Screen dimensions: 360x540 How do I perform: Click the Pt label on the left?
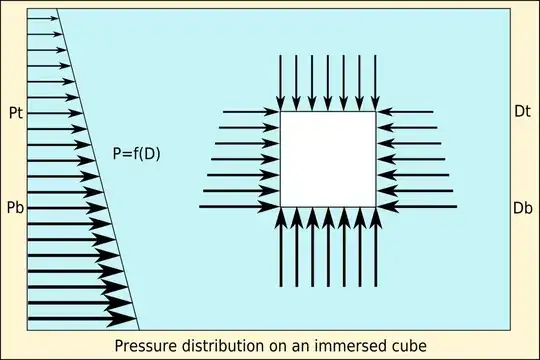pyautogui.click(x=14, y=116)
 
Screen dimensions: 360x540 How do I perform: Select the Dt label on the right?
pyautogui.click(x=521, y=116)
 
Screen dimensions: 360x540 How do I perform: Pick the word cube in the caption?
pyautogui.click(x=410, y=345)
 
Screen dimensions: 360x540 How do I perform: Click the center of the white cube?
pyautogui.click(x=328, y=159)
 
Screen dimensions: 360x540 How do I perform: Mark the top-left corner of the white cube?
pyautogui.click(x=280, y=111)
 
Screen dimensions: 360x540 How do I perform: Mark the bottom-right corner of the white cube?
pyautogui.click(x=376, y=207)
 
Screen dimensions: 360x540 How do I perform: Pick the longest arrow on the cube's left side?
pyautogui.click(x=240, y=206)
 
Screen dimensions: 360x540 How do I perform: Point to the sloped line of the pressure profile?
pyautogui.click(x=98, y=170)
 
